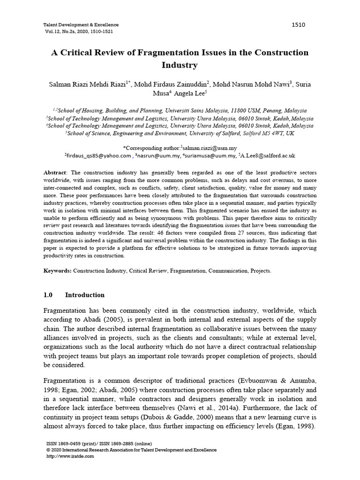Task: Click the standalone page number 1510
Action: pyautogui.click(x=298, y=25)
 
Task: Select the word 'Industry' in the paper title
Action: pyautogui.click(x=180, y=65)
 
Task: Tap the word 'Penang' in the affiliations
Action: pyautogui.click(x=261, y=111)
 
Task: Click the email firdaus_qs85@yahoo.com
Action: pyautogui.click(x=99, y=156)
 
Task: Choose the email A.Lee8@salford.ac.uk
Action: pyautogui.click(x=269, y=156)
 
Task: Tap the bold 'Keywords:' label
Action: pyautogui.click(x=57, y=271)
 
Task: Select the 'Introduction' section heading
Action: pyautogui.click(x=85, y=295)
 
